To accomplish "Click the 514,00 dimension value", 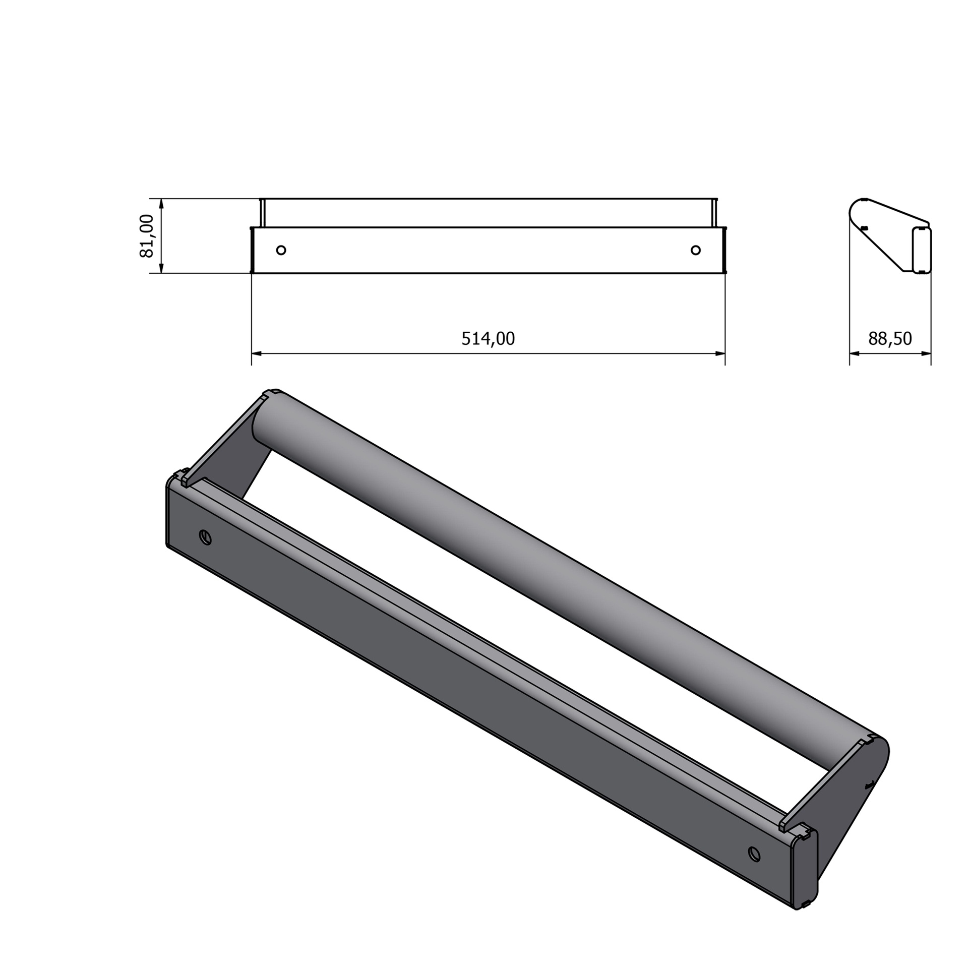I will click(x=488, y=338).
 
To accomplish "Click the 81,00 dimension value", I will click(x=147, y=236).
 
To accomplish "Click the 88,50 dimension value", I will click(x=890, y=338).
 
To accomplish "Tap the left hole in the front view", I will click(x=281, y=250).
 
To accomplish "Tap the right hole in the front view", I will click(x=696, y=250).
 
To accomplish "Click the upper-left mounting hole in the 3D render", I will click(x=205, y=537).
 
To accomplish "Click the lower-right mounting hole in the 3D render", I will click(x=754, y=854).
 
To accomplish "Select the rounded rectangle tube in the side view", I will click(x=922, y=251).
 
